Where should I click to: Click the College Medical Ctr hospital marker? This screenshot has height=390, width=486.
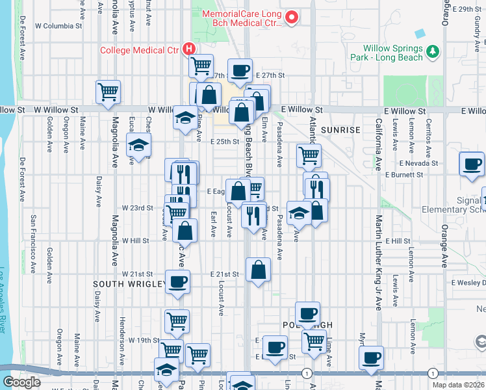point(189,48)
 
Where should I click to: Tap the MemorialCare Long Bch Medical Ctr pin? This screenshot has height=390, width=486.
point(292,17)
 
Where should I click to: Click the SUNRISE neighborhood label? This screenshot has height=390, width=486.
point(340,130)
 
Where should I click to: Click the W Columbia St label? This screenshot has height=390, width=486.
point(58,27)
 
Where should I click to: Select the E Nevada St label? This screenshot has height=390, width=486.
point(420,163)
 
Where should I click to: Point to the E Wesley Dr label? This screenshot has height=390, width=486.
point(468,283)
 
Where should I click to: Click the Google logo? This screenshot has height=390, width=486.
point(21,382)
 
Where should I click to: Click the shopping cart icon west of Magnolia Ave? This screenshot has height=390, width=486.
point(108,91)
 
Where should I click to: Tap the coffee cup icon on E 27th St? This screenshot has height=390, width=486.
point(240,70)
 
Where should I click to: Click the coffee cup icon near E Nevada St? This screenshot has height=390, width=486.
point(471,163)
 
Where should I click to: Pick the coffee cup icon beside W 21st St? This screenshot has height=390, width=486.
point(177,281)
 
